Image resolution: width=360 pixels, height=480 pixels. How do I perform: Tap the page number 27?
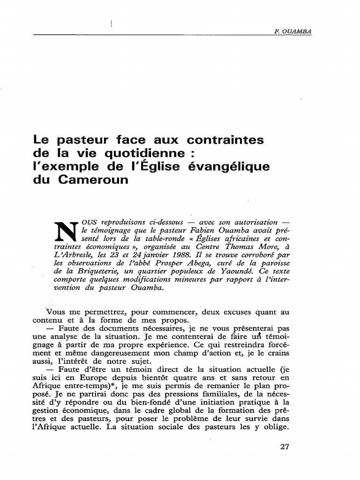(285, 446)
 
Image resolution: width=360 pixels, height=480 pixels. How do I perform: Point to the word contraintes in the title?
(226, 140)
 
